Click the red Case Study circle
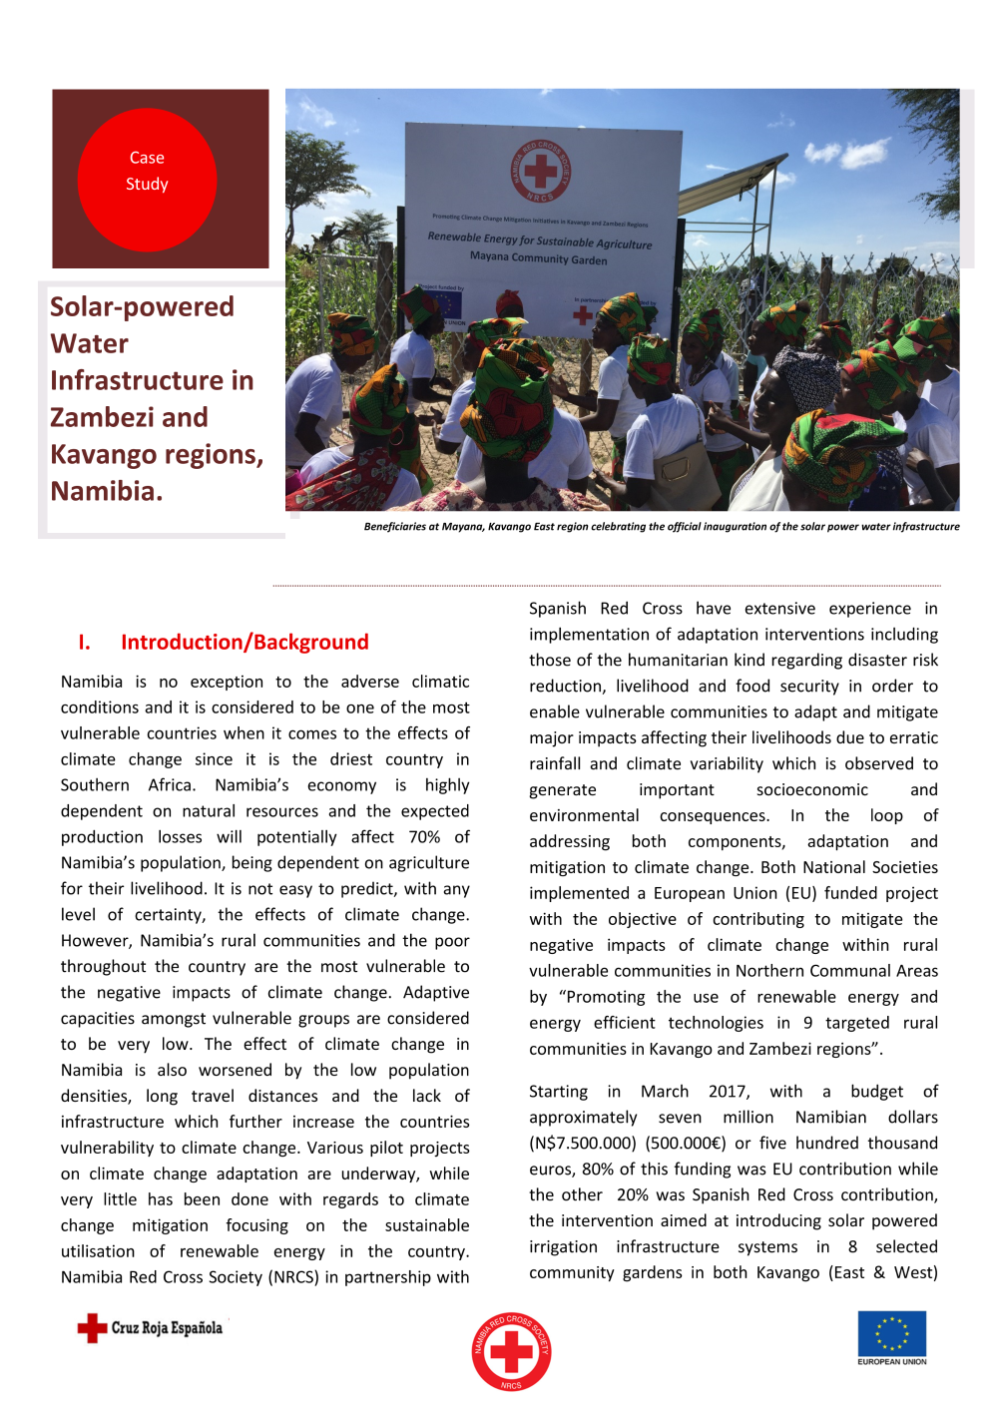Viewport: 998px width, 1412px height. pos(147,180)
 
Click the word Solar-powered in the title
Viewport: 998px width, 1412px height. pos(142,307)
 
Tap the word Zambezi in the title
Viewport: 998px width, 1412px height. pos(130,418)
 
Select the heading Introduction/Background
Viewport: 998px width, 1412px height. pos(245,643)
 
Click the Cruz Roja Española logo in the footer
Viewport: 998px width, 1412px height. pos(151,1328)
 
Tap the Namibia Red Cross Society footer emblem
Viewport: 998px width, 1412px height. pos(511,1351)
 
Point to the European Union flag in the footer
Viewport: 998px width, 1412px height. pos(891,1334)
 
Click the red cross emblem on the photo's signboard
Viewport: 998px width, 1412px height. pos(541,172)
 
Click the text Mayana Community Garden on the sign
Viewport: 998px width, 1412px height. pos(538,257)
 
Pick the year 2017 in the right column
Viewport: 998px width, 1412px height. pos(729,1092)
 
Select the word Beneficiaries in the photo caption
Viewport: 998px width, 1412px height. pos(394,527)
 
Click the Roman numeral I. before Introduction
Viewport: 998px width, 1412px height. pos(85,643)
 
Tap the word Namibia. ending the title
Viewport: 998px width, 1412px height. pos(107,492)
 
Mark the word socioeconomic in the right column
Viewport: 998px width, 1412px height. pos(811,790)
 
